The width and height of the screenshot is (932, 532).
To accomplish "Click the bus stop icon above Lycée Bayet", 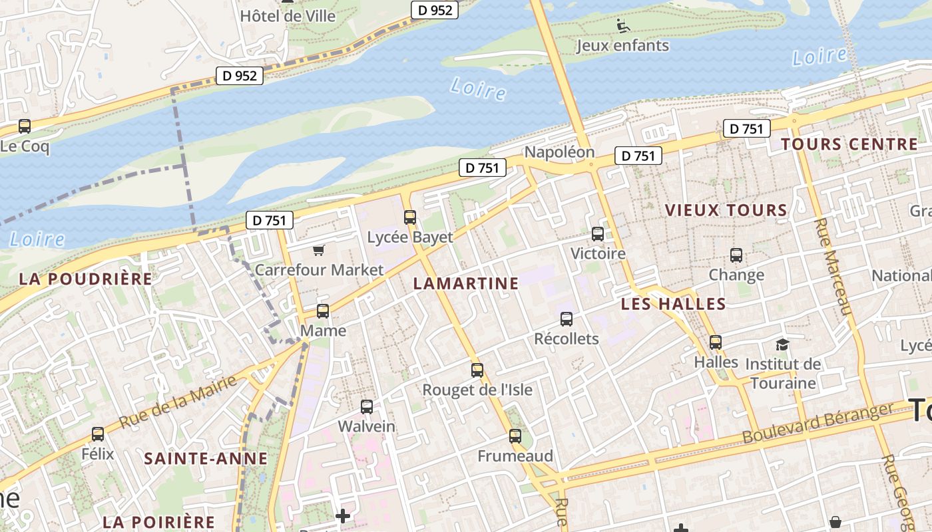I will (410, 217).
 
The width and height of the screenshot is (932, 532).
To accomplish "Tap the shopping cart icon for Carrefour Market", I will (319, 250).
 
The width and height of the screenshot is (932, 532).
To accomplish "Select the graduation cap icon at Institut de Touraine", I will (782, 344).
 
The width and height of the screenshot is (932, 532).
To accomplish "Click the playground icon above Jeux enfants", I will (623, 26).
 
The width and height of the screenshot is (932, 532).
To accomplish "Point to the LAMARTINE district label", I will (465, 283).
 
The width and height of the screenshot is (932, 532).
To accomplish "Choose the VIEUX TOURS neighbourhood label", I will (726, 210).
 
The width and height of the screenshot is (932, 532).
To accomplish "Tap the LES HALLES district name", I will (673, 304).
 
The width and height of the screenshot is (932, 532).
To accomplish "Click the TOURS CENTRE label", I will (849, 144).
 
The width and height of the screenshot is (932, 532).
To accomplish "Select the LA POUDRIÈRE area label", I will (86, 279).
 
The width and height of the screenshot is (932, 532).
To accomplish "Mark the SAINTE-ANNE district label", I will (206, 458).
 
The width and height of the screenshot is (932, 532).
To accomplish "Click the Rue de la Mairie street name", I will (178, 402).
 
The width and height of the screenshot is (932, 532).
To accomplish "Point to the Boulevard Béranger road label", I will (817, 423).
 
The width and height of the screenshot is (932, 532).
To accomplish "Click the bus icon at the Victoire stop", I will (598, 233).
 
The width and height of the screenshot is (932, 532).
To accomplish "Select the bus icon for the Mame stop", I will (323, 311).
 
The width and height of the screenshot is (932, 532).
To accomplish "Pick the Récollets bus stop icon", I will (567, 319).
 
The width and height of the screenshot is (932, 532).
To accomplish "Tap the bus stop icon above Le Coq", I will (25, 126).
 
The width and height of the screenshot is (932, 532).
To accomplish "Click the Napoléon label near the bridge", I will (559, 152).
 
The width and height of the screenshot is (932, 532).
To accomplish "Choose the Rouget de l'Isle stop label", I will (477, 390).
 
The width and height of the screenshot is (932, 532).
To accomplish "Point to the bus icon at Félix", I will (98, 434).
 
